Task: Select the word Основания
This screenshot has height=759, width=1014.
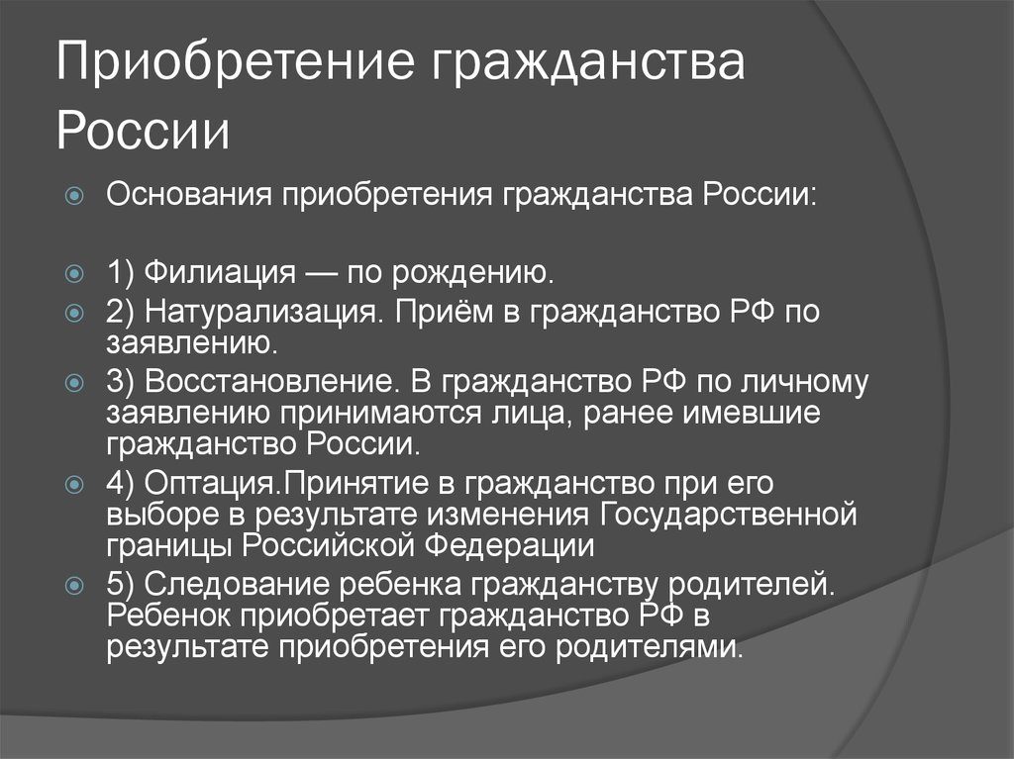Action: tap(189, 194)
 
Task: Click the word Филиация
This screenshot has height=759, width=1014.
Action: tap(220, 272)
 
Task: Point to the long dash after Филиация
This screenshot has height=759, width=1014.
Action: tap(321, 273)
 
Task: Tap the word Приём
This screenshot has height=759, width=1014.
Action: tap(437, 311)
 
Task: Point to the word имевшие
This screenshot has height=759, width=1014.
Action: tap(752, 413)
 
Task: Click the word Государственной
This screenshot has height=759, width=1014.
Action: tap(729, 516)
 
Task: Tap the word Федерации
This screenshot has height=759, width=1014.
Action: tap(509, 545)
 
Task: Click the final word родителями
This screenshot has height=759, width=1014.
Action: tap(650, 646)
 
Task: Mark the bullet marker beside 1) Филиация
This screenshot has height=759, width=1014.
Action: tap(75, 273)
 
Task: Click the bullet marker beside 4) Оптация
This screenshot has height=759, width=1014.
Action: tap(75, 484)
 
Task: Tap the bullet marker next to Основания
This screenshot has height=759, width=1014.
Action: tap(75, 195)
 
